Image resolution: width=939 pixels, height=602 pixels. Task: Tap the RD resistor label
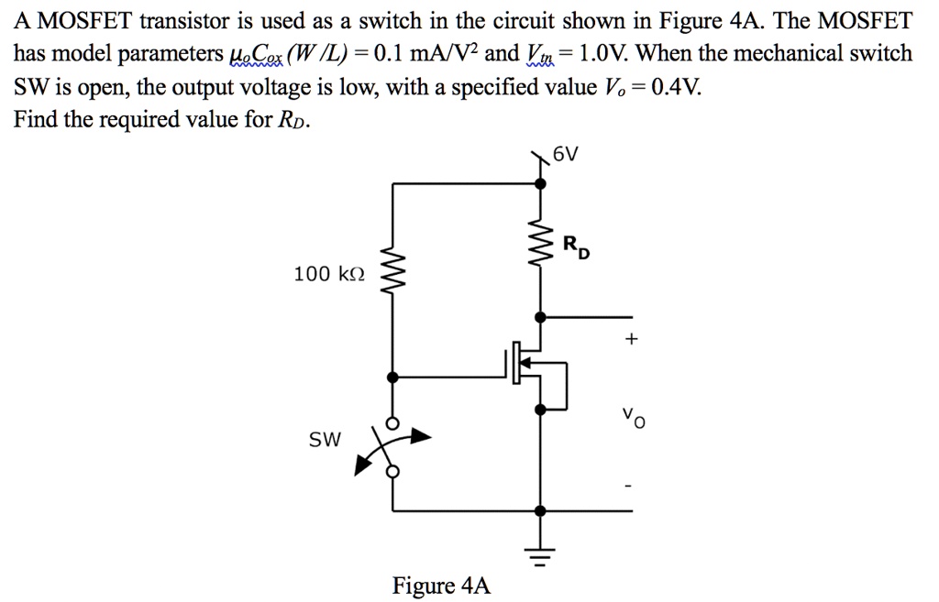(x=575, y=246)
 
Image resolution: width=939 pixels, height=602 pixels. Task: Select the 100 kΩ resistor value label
(x=328, y=273)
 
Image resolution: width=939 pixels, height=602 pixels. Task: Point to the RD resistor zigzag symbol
(x=541, y=246)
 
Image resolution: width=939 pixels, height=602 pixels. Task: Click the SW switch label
(x=325, y=440)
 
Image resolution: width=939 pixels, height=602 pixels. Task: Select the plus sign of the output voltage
(x=630, y=339)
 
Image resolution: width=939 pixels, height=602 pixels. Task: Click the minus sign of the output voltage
(x=630, y=486)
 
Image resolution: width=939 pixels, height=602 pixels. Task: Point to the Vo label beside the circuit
(x=633, y=419)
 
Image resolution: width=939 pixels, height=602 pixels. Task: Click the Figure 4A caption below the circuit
(x=441, y=586)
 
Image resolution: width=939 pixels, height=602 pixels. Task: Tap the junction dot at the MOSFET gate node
(x=393, y=377)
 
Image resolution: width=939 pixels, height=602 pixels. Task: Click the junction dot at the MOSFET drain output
(x=541, y=317)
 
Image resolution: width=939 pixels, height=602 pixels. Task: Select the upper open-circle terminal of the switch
(x=393, y=423)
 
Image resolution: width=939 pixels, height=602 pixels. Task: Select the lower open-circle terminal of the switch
(x=393, y=471)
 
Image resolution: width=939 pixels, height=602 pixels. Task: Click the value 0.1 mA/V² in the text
(x=425, y=53)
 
